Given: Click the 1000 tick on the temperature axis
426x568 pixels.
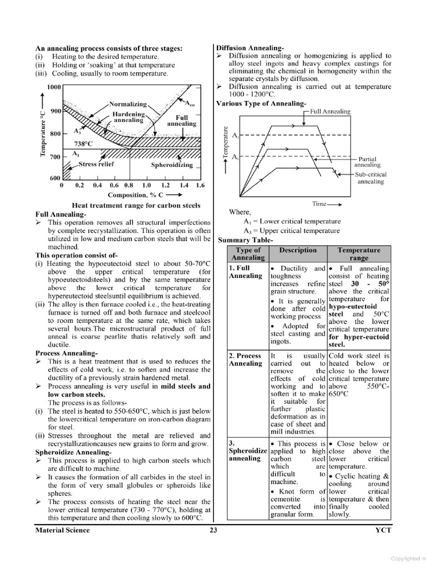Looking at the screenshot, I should (53, 88).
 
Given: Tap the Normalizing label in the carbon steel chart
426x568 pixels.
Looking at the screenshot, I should (128, 104).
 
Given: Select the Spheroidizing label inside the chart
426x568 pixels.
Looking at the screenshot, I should (172, 165).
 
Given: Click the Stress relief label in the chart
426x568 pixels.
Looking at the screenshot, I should (96, 164).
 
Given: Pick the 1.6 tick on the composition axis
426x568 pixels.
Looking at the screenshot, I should (200, 186).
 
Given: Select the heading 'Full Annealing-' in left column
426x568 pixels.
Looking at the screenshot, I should (60, 214).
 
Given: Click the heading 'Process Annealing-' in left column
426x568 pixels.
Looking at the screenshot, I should (67, 353).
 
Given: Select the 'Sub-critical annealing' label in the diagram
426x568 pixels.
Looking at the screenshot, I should (371, 177).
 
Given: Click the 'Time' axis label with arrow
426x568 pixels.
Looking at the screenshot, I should (326, 204).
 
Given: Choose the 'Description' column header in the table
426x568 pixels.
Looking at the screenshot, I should (298, 250).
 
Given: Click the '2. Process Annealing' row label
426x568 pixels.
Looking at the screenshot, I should (245, 359).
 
